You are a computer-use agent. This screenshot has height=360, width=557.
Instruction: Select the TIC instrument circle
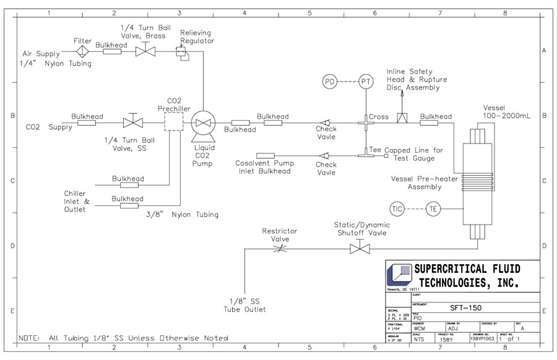[398, 209]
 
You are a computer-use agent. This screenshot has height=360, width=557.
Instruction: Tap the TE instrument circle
[433, 209]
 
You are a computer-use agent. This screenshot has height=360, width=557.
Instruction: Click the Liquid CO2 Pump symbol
[202, 122]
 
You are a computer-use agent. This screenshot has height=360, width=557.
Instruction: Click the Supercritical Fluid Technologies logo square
[400, 274]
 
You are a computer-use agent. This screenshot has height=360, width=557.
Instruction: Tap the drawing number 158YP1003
[483, 339]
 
